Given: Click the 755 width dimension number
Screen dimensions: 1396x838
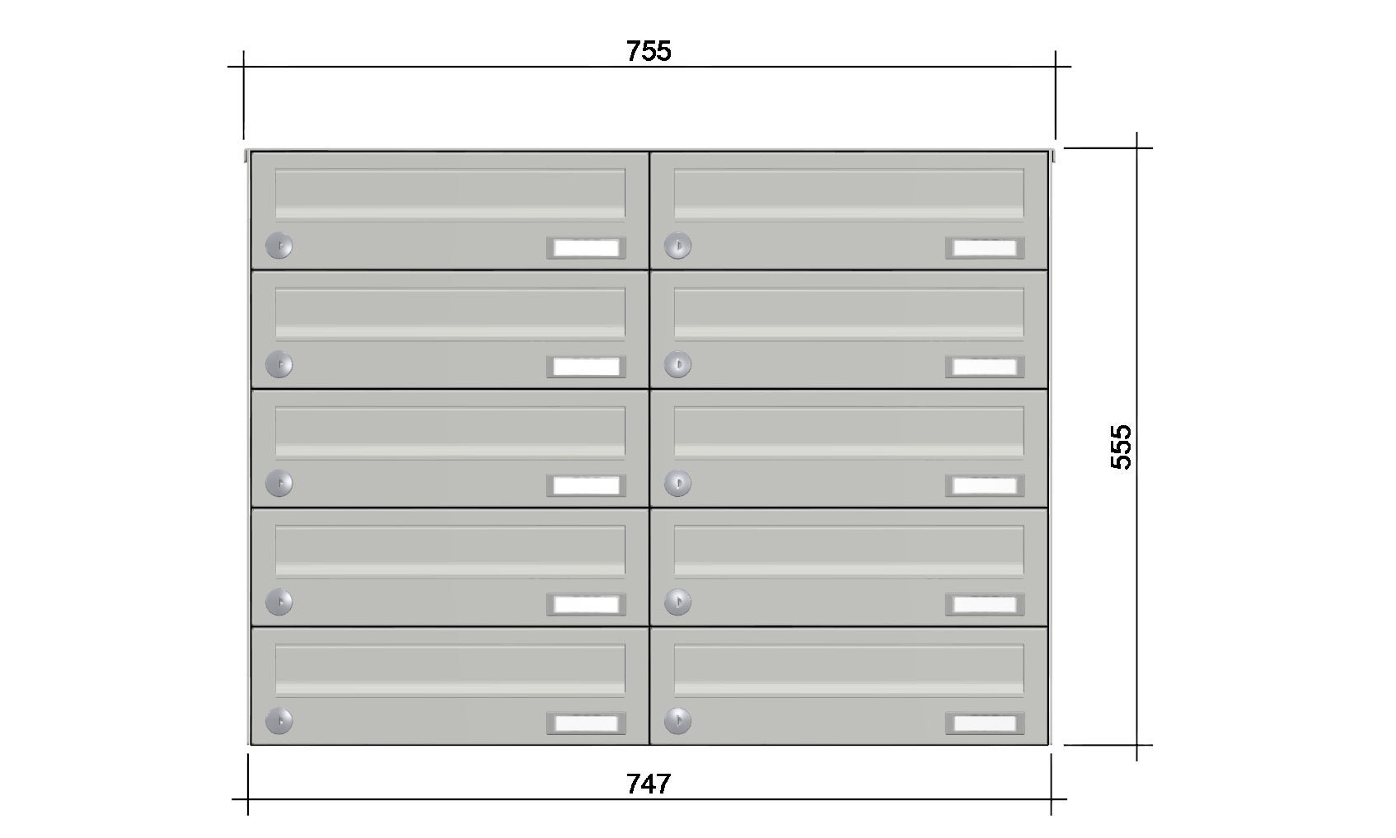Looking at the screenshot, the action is [648, 51].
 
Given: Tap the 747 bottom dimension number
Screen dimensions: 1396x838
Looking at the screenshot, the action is [648, 784].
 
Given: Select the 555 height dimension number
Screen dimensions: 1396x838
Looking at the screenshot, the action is [1121, 447].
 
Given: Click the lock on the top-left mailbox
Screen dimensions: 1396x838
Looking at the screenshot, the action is [279, 246].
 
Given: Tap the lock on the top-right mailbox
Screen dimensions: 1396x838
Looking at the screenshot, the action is [677, 246].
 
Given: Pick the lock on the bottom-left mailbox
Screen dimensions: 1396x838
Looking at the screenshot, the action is [279, 721].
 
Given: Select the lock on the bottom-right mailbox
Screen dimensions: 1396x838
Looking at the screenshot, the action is [677, 721].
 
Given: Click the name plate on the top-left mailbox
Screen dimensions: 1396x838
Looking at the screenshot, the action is [586, 248].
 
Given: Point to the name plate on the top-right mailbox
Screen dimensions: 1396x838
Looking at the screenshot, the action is [985, 248].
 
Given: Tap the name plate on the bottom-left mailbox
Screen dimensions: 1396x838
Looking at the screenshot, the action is [586, 723].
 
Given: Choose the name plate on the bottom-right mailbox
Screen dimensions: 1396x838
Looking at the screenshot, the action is [985, 723].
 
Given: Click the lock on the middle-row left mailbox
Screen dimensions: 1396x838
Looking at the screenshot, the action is [279, 483].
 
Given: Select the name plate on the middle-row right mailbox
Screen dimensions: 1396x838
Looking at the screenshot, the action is [985, 485].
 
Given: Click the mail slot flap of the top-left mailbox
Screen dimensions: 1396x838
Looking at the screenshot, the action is [450, 194].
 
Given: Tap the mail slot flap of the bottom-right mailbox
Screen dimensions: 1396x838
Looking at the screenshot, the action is [849, 670].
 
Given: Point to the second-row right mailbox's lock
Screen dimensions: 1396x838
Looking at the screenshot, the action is [677, 364].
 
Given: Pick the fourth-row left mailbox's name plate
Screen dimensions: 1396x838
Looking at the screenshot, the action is [586, 604].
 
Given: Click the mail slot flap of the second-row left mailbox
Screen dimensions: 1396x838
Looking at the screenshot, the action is [450, 313].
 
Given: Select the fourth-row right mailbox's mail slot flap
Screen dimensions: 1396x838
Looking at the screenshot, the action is [849, 551].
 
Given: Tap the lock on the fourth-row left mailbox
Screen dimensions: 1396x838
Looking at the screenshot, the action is [279, 602].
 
